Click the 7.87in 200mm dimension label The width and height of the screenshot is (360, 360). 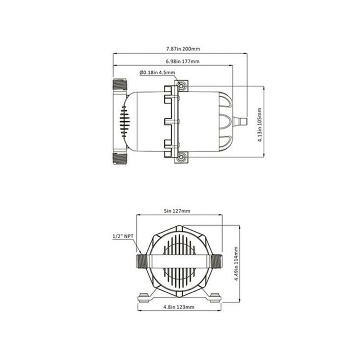183,49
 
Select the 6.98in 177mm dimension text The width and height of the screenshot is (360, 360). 183,61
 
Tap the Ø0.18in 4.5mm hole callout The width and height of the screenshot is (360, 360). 157,72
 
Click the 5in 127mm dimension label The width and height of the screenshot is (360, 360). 177,211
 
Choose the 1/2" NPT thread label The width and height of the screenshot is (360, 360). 123,236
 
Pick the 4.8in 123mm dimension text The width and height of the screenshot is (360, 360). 179,307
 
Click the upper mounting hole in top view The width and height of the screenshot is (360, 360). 181,86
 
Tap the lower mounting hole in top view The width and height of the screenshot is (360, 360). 181,157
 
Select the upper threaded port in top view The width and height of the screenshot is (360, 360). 120,84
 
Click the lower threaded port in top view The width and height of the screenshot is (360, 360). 120,159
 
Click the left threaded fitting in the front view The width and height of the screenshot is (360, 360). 142,261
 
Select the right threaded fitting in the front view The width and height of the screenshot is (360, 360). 216,261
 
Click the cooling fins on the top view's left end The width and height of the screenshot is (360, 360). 125,121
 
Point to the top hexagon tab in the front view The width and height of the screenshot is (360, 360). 179,229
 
